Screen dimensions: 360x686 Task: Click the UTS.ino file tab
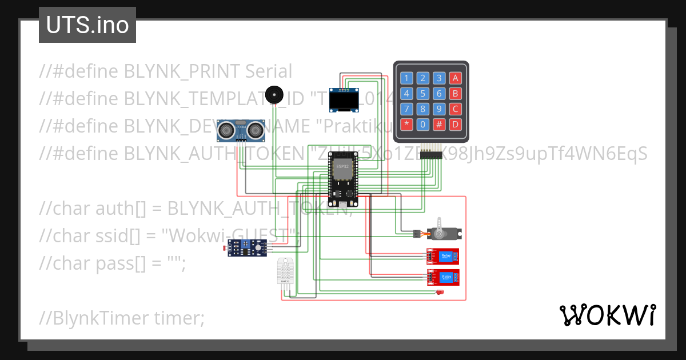click(87, 25)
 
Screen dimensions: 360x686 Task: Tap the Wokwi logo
click(607, 315)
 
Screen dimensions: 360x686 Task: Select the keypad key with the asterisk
click(406, 124)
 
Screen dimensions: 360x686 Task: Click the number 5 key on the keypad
click(422, 94)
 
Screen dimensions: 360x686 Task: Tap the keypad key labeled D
click(455, 124)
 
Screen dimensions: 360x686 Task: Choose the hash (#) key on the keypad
click(438, 124)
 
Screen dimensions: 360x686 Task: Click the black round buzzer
click(275, 95)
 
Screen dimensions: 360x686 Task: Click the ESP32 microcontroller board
click(342, 181)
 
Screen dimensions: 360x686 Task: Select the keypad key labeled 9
click(438, 109)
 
